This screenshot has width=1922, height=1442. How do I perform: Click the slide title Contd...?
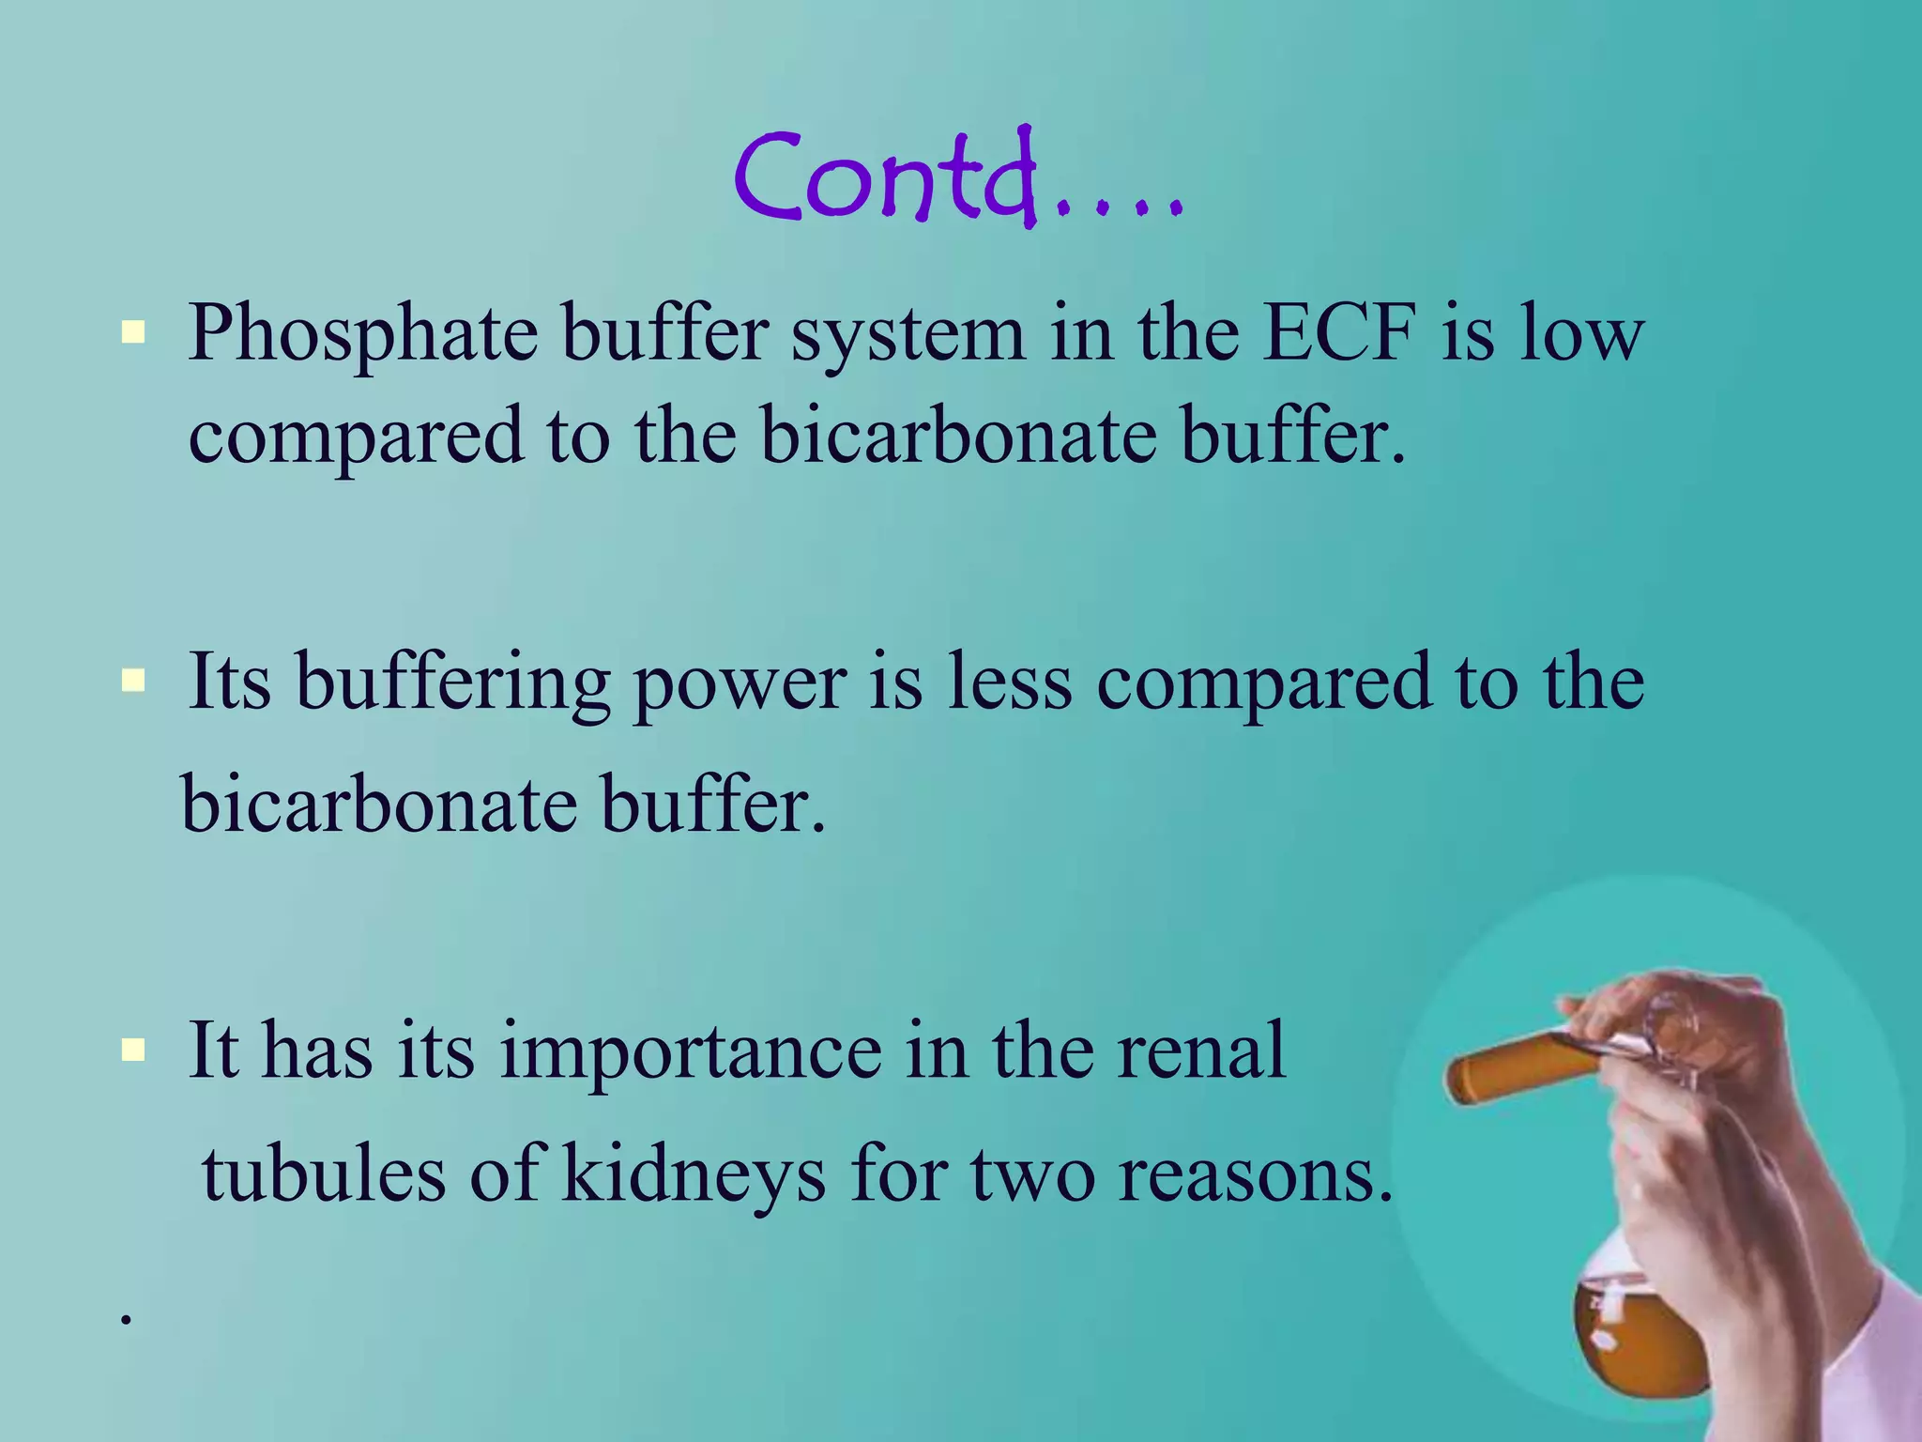[957, 178]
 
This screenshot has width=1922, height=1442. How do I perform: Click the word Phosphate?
[362, 333]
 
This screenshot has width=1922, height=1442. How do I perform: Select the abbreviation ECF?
[1337, 333]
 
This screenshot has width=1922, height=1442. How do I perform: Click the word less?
[1009, 682]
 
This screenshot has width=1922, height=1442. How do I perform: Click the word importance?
[690, 1051]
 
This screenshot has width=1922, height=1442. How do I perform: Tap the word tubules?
[323, 1174]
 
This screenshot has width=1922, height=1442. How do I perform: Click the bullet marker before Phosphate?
[133, 332]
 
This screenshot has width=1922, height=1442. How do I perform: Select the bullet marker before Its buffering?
[133, 680]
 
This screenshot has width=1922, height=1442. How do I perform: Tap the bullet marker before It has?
[133, 1050]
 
